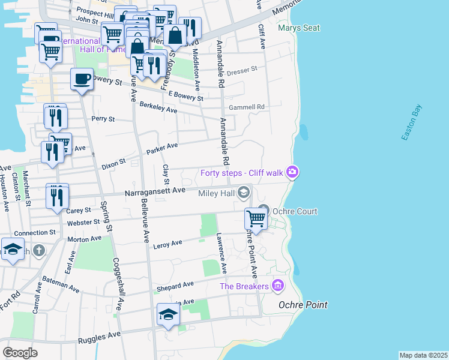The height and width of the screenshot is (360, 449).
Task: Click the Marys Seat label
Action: click(x=298, y=28)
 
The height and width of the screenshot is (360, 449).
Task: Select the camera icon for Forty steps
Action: click(x=292, y=173)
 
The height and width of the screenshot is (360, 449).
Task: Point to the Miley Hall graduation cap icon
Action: click(x=243, y=192)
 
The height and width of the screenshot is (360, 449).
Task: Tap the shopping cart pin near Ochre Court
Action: click(x=256, y=219)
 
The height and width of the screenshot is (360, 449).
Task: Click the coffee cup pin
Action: click(x=82, y=79)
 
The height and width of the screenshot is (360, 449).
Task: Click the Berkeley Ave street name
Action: click(x=158, y=109)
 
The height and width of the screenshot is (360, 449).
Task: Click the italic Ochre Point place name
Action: click(x=303, y=305)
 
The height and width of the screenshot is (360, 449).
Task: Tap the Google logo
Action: click(x=20, y=352)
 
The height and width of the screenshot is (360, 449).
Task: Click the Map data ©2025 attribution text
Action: click(x=423, y=355)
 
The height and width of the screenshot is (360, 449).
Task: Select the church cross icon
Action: click(x=39, y=250)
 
